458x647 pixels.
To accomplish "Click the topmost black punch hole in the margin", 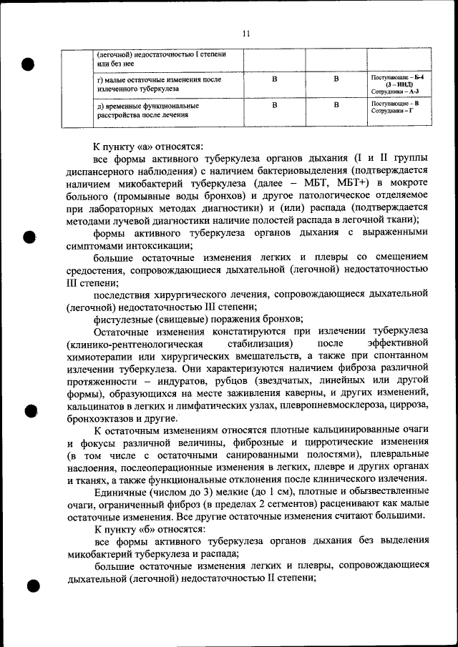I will coord(29,64).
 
